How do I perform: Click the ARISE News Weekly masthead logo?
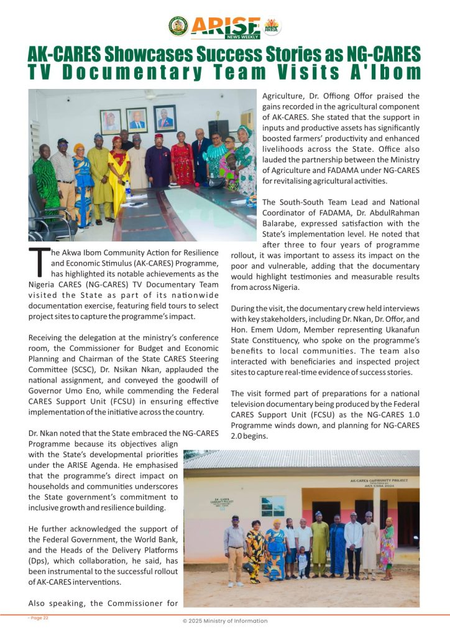pos(226,27)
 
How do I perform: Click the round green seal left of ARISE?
pos(178,26)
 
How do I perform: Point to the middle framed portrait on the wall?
pos(136,120)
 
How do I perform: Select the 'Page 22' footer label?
pos(39,618)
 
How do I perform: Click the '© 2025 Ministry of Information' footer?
pos(225,621)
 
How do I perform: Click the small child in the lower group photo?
pos(303,562)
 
